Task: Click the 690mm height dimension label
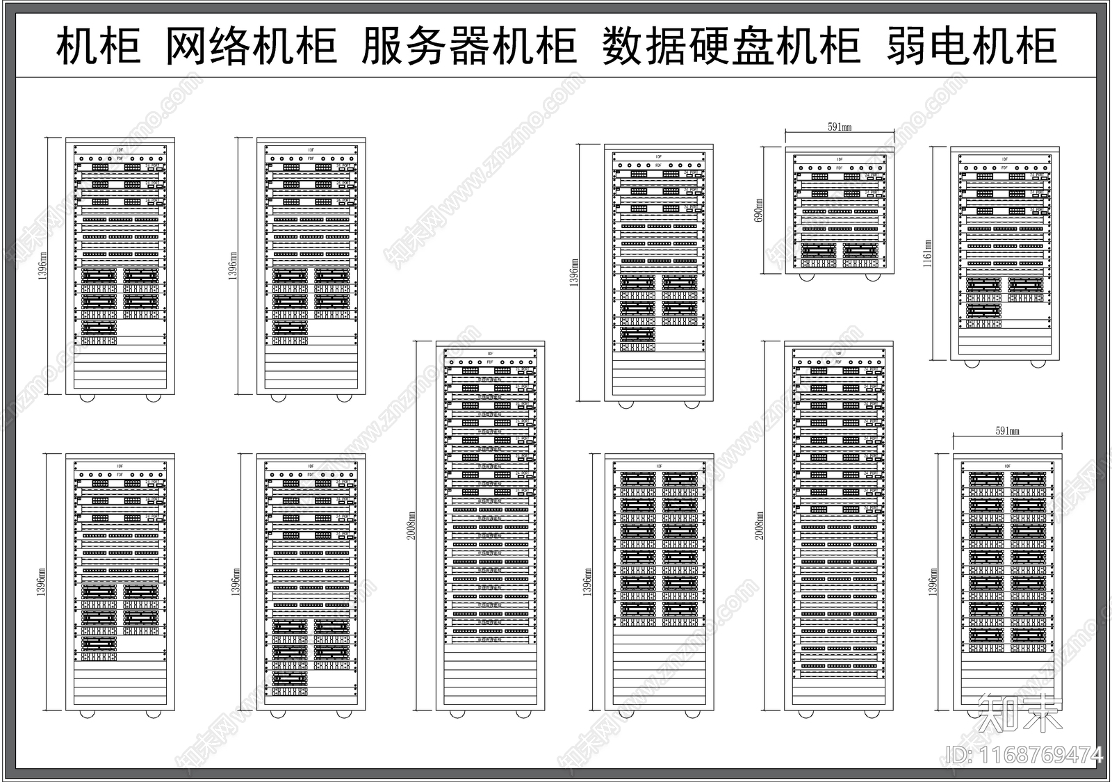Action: coord(759,210)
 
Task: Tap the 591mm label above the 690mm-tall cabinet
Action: coord(840,127)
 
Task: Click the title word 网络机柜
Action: coord(252,46)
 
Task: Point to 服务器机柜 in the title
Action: coord(469,46)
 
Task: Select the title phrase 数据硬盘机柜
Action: coord(731,46)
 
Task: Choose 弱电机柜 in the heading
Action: coord(972,46)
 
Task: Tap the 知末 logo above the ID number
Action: coord(1020,713)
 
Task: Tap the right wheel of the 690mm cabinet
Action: coord(872,277)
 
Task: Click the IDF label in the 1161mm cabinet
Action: coord(1004,159)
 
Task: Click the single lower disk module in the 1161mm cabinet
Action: coord(983,311)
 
